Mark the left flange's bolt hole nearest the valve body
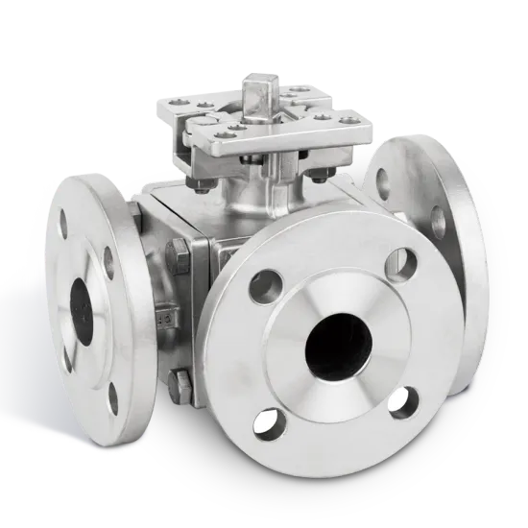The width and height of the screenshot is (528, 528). coord(108,257)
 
